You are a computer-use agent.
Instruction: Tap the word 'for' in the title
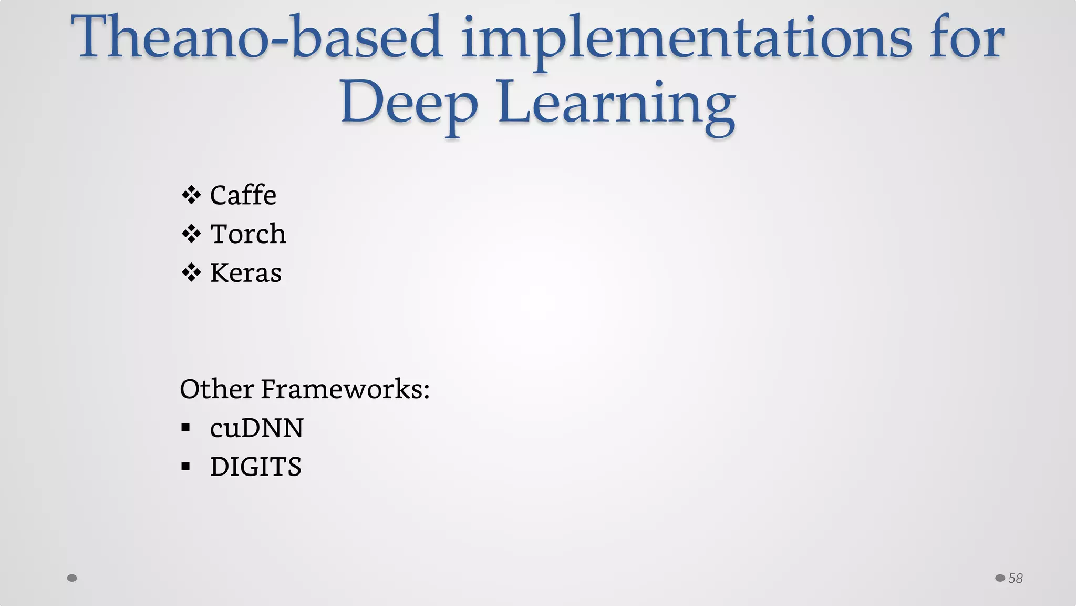(x=967, y=38)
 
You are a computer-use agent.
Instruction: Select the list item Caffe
(x=243, y=196)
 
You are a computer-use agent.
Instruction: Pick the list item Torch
(x=248, y=234)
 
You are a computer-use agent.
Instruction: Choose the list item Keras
(x=245, y=273)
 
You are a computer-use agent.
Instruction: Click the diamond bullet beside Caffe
(x=191, y=195)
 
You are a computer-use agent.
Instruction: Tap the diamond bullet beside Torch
(x=191, y=234)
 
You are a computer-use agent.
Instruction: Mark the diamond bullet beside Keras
(x=191, y=272)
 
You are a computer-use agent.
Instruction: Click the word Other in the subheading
(x=216, y=389)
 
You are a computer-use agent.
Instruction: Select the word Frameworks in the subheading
(x=345, y=389)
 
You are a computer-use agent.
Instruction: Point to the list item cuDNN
(x=256, y=428)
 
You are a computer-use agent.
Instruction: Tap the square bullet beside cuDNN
(x=185, y=428)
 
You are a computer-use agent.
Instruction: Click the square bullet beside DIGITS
(x=185, y=466)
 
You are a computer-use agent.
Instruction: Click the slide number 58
(x=1016, y=579)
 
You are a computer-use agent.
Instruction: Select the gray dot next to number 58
(x=1000, y=578)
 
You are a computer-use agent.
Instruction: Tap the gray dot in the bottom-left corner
(x=72, y=578)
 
